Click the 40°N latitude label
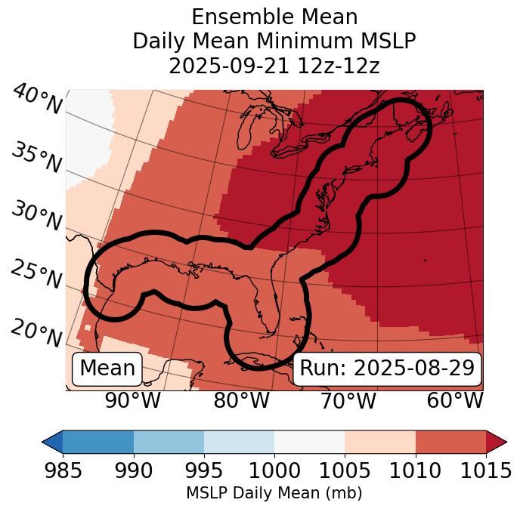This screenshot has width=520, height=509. [x=37, y=100]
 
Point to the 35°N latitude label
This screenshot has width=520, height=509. [x=35, y=158]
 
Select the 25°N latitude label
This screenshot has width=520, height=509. [x=35, y=274]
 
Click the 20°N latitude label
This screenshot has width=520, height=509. [x=35, y=332]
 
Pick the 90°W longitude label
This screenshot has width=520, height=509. [x=132, y=400]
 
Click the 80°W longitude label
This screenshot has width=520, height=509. [x=241, y=400]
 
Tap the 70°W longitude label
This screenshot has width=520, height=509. [x=348, y=400]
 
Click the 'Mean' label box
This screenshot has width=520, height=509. [x=107, y=369]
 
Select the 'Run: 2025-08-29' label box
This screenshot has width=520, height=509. [x=387, y=369]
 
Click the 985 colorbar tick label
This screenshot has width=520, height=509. [x=63, y=470]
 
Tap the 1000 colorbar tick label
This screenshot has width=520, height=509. [x=274, y=470]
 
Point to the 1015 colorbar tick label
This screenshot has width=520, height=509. [x=485, y=470]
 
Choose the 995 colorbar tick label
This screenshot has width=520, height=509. [x=204, y=470]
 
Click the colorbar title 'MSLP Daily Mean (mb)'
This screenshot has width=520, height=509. [x=274, y=493]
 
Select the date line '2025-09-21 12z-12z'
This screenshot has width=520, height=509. [x=274, y=66]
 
